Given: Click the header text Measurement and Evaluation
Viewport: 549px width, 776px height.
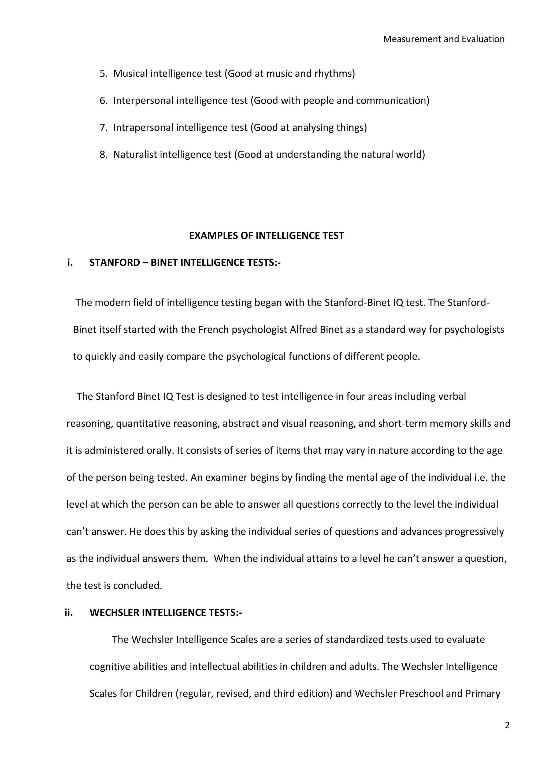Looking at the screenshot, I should click(x=444, y=39).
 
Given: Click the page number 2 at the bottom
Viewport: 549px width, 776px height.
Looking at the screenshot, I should click(x=507, y=725).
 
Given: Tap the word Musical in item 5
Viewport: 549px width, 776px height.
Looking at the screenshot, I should click(x=130, y=73).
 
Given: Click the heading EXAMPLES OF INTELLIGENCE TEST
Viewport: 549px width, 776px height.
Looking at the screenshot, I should click(x=266, y=236).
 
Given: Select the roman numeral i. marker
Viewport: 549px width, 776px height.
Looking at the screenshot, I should click(x=70, y=263).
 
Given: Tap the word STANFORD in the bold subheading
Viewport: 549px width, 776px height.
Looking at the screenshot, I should click(x=115, y=263).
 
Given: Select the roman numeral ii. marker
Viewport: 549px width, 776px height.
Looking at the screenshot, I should click(x=69, y=613).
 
